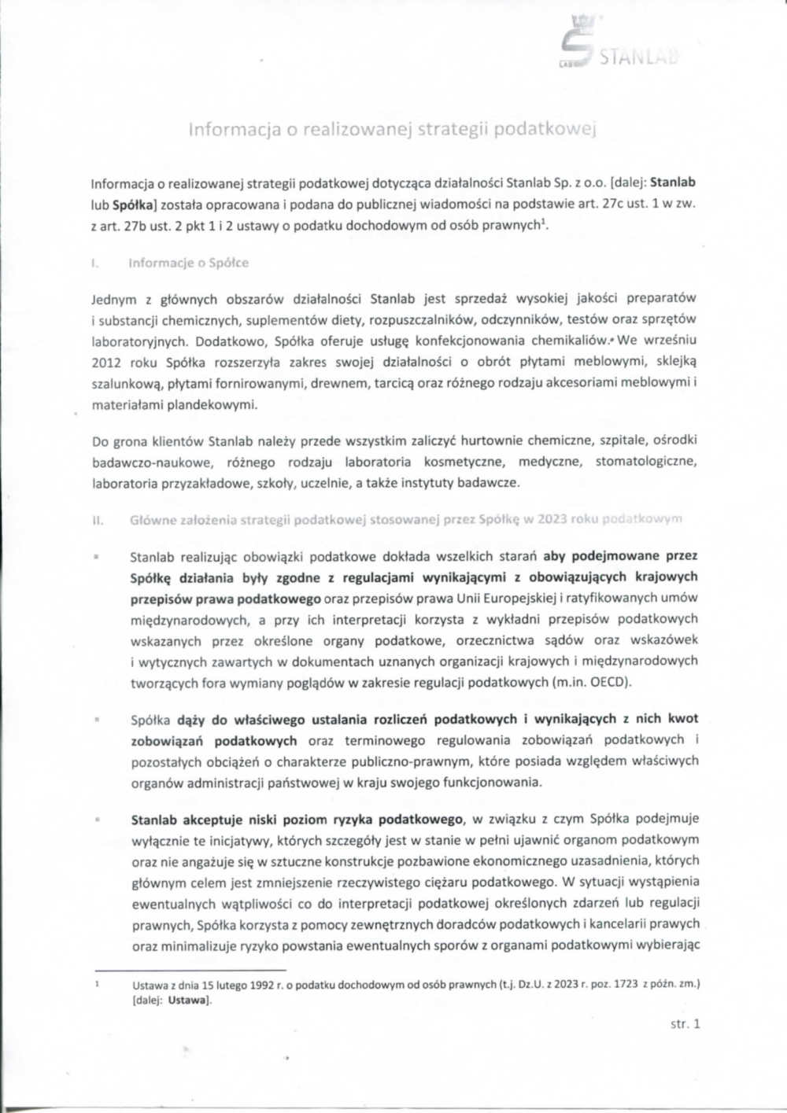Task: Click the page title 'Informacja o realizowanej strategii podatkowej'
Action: pyautogui.click(x=391, y=130)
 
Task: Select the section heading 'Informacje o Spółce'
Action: pyautogui.click(x=189, y=263)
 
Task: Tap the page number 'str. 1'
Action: pyautogui.click(x=685, y=1023)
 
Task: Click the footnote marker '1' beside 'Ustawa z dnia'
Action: pyautogui.click(x=94, y=982)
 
